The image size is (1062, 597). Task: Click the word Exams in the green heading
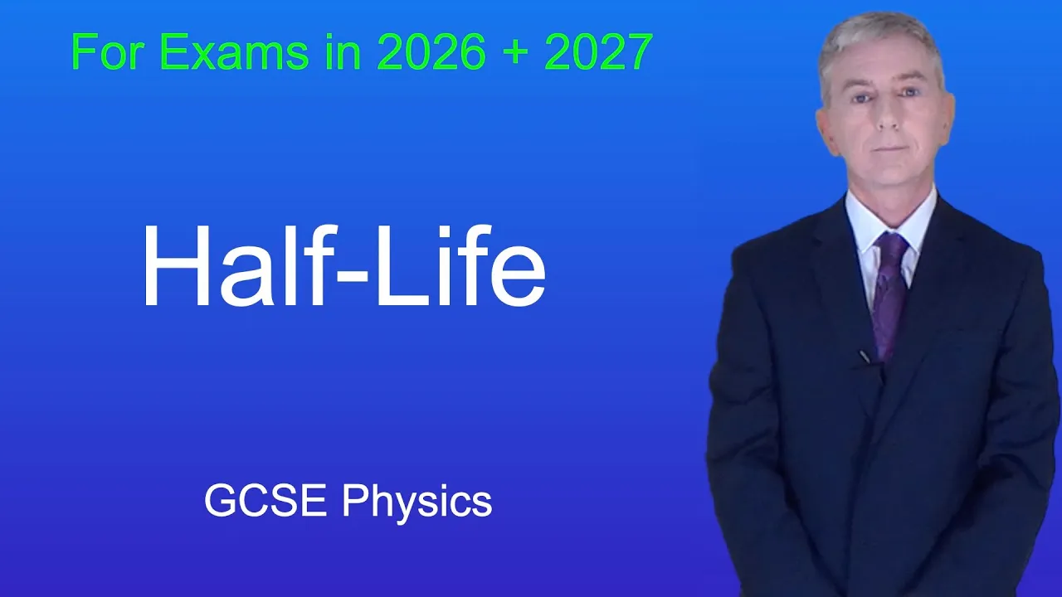click(234, 51)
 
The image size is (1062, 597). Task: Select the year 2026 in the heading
click(431, 51)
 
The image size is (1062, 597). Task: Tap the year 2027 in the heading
click(599, 51)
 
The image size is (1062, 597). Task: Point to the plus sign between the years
click(515, 52)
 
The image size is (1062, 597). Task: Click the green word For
click(108, 51)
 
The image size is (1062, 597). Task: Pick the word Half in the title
click(238, 265)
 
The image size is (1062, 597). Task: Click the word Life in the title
click(460, 265)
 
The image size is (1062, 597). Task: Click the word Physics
click(417, 505)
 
